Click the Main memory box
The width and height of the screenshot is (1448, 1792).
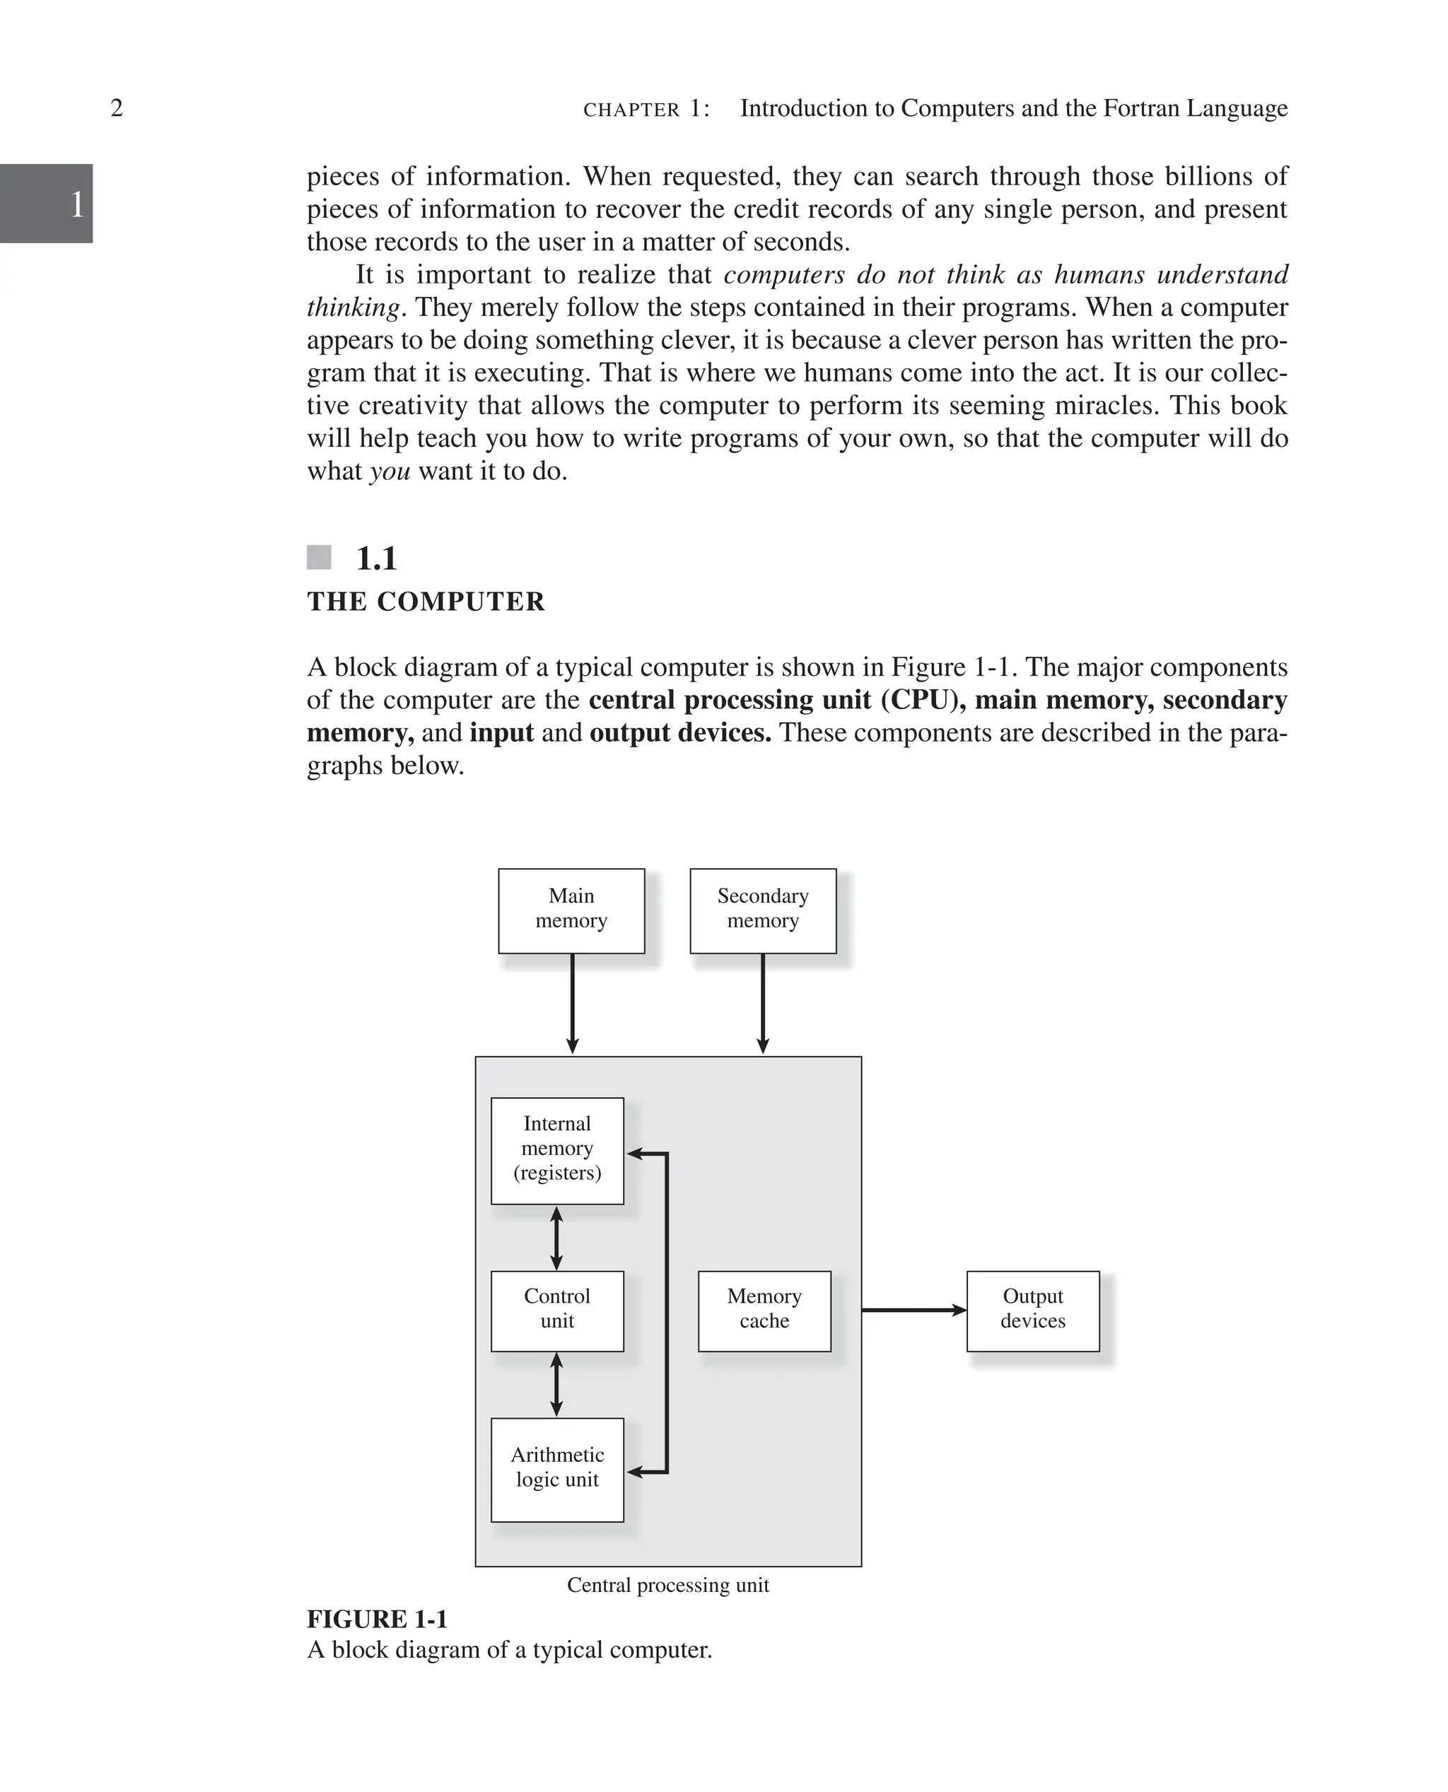pyautogui.click(x=571, y=910)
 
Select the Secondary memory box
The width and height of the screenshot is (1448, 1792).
pyautogui.click(x=762, y=910)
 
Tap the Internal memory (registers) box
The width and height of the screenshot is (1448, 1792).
pyautogui.click(x=557, y=1150)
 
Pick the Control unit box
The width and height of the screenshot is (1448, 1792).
pyautogui.click(x=557, y=1311)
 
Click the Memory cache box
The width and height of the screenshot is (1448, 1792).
pyautogui.click(x=764, y=1311)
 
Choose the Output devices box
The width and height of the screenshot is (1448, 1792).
pyautogui.click(x=1032, y=1311)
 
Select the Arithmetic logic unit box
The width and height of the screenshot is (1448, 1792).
pyautogui.click(x=557, y=1469)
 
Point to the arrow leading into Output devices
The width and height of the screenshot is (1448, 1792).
pyautogui.click(x=913, y=1310)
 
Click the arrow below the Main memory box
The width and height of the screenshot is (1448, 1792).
pyautogui.click(x=572, y=1004)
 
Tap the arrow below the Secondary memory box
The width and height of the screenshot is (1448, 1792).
pyautogui.click(x=762, y=1004)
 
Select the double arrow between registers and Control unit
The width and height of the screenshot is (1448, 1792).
pyautogui.click(x=556, y=1238)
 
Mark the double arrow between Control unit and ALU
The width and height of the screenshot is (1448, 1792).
pyautogui.click(x=556, y=1384)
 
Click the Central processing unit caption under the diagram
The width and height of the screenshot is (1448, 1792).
pyautogui.click(x=667, y=1585)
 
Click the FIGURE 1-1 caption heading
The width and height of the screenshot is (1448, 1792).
pyautogui.click(x=377, y=1620)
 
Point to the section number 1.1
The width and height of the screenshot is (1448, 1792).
pyautogui.click(x=376, y=558)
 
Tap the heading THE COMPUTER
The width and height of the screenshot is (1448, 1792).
pyautogui.click(x=426, y=602)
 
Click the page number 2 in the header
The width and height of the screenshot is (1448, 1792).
pyautogui.click(x=117, y=107)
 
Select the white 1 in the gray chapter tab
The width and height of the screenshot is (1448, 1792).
pyautogui.click(x=77, y=204)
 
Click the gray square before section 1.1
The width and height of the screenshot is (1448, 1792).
pyautogui.click(x=319, y=557)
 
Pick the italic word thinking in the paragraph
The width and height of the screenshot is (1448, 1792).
pyautogui.click(x=353, y=308)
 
